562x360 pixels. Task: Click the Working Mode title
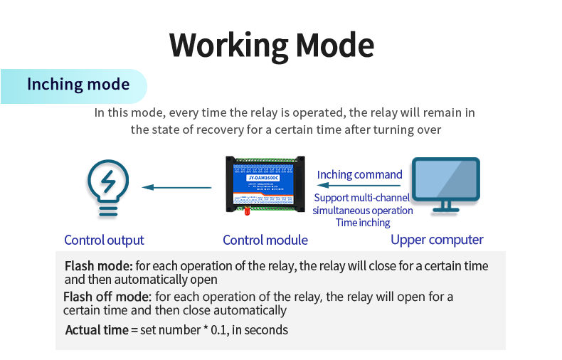(272, 45)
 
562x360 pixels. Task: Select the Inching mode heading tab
(78, 85)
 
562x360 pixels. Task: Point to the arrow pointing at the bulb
(177, 188)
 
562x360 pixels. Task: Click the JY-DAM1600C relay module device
(265, 183)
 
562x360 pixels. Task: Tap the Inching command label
(359, 175)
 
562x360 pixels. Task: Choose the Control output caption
(104, 240)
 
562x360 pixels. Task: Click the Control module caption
(265, 240)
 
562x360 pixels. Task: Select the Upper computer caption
(437, 240)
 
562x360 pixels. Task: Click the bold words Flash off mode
(107, 297)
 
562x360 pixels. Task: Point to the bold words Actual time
(96, 330)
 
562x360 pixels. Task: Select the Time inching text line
(363, 223)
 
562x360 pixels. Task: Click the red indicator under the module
(247, 211)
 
